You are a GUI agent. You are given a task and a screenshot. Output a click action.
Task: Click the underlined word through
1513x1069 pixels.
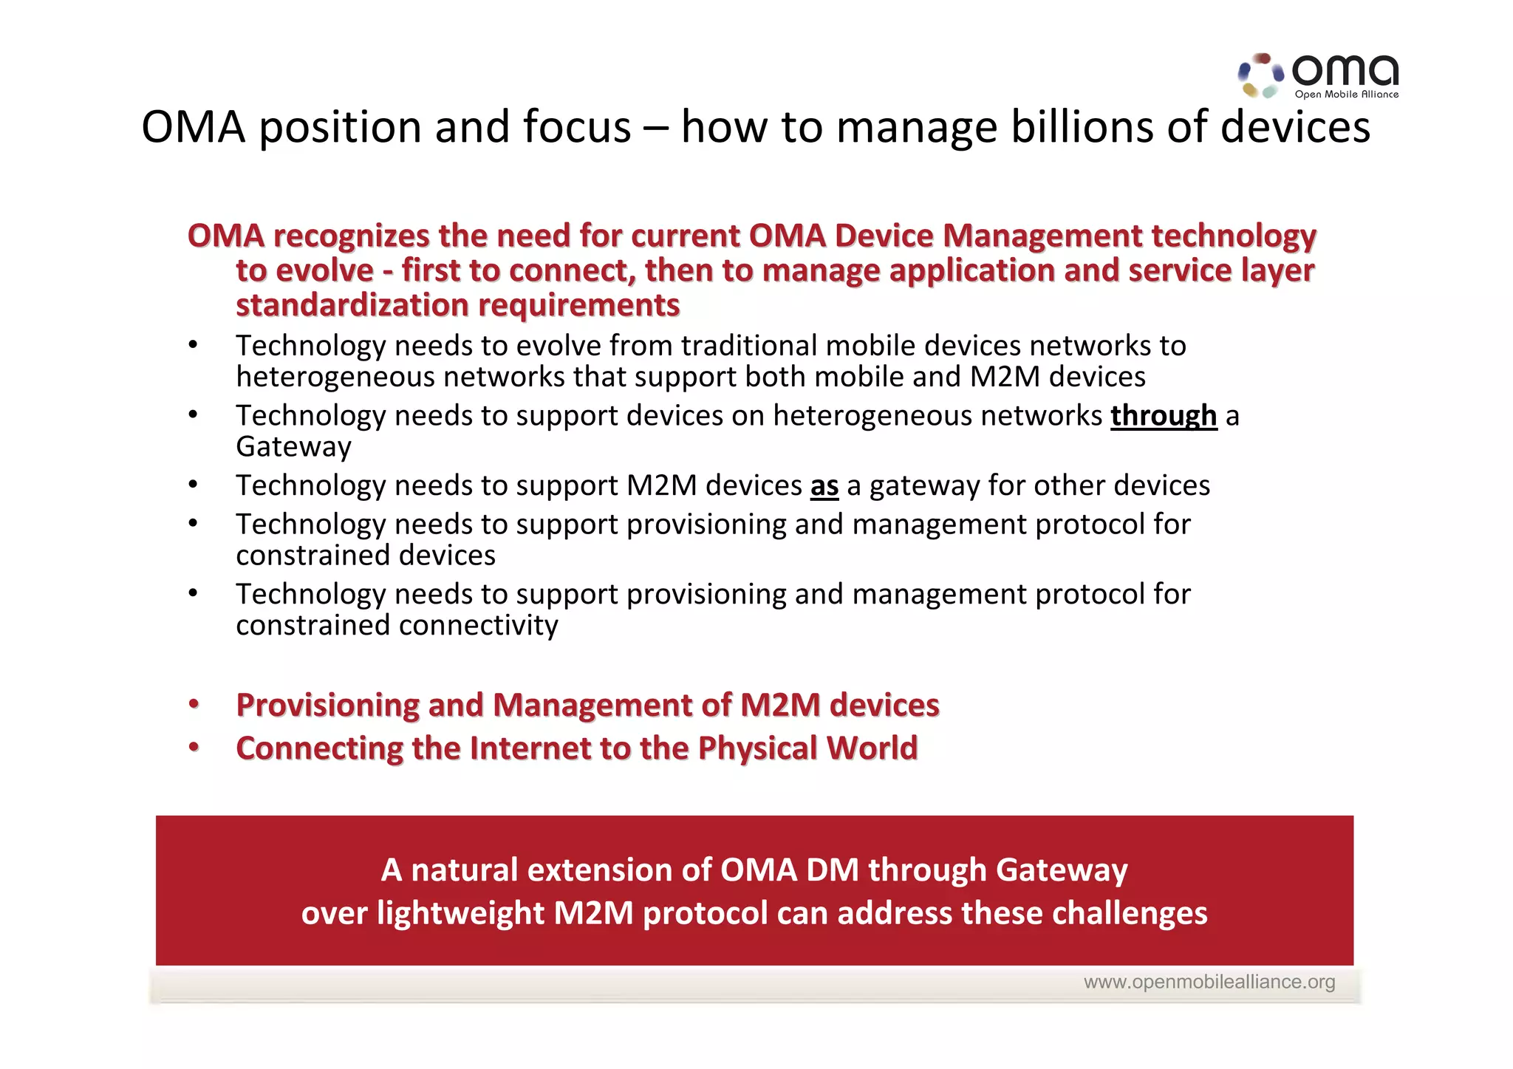(x=1163, y=416)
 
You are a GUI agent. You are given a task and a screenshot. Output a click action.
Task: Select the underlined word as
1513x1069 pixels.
(x=824, y=486)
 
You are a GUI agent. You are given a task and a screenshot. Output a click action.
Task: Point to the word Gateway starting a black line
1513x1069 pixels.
(x=293, y=447)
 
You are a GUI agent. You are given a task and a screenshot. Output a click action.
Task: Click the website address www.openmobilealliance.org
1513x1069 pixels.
(x=1209, y=982)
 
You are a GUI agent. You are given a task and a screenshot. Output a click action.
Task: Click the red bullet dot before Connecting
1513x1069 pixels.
(x=194, y=748)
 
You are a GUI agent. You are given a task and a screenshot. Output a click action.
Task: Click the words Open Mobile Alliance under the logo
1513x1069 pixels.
(x=1346, y=95)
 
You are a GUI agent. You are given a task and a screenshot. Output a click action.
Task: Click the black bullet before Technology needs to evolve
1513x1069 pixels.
(x=193, y=345)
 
